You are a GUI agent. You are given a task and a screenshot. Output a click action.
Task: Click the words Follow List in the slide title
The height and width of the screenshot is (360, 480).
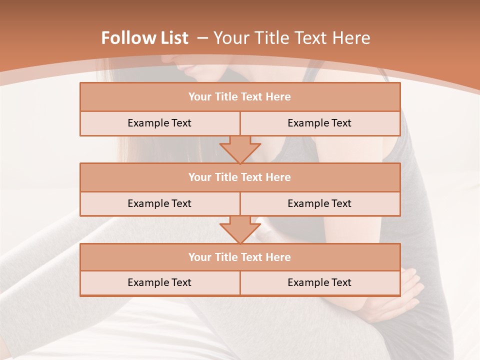144,38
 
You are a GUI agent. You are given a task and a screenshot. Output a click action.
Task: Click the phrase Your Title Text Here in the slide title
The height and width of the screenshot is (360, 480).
292,38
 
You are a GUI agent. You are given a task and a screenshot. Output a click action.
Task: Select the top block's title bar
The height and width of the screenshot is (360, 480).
240,97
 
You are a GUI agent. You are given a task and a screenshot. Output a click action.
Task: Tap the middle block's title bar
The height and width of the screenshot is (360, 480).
240,177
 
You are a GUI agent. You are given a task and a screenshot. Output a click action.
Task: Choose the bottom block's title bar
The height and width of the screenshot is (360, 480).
240,257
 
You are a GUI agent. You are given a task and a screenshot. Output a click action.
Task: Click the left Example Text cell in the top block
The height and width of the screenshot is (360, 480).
159,123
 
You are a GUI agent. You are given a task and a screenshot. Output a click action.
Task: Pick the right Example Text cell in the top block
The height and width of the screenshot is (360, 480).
319,123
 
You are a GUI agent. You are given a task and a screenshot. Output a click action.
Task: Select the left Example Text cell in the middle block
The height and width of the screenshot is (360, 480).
159,204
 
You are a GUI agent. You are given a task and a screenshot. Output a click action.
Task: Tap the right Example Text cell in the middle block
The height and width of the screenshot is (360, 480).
319,204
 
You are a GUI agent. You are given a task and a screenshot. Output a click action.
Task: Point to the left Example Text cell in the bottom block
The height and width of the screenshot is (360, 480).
159,283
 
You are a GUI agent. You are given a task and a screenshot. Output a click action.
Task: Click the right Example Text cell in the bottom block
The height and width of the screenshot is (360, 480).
319,283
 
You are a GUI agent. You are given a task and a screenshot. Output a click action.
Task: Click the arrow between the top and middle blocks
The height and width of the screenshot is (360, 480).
240,149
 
